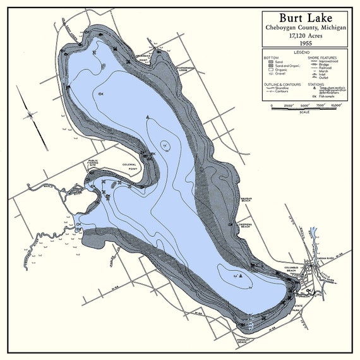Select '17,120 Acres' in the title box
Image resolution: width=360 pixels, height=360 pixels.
point(304,35)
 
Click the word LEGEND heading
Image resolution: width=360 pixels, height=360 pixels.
point(304,52)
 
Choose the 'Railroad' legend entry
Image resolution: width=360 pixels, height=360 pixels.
point(327,66)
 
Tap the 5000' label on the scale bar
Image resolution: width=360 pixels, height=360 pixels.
point(304,105)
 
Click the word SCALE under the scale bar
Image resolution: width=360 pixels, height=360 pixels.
point(304,112)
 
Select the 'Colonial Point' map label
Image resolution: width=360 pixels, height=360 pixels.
point(129,167)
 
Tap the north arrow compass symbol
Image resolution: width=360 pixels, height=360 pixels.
point(31,114)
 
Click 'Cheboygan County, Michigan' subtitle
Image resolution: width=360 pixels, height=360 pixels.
point(304,28)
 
